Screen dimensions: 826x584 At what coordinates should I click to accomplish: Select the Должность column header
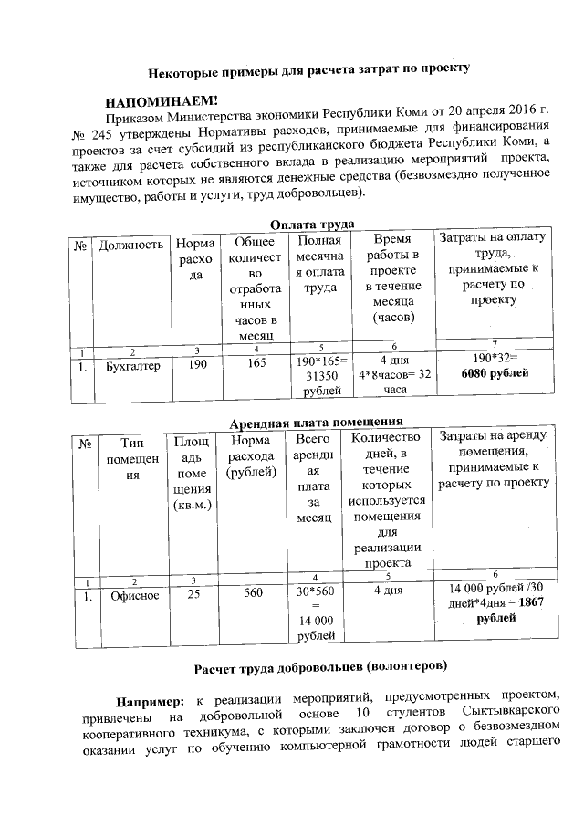point(131,244)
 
